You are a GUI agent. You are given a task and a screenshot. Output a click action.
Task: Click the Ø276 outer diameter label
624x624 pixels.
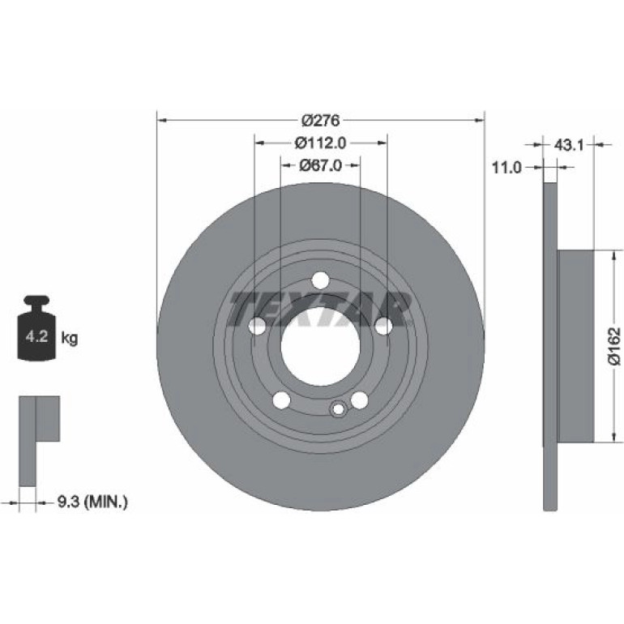pyautogui.click(x=320, y=120)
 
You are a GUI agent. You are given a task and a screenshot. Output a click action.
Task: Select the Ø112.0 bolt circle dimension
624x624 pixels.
pyautogui.click(x=320, y=143)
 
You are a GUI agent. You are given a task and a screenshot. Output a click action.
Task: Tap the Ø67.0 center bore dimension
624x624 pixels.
pyautogui.click(x=320, y=165)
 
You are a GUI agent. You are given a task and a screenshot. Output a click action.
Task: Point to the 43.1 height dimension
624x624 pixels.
pyautogui.click(x=569, y=146)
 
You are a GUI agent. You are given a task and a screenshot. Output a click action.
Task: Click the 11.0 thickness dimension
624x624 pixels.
pyautogui.click(x=506, y=168)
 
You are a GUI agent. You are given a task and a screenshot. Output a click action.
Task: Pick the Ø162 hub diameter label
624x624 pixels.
pyautogui.click(x=615, y=346)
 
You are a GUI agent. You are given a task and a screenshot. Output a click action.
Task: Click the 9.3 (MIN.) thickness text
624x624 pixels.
pyautogui.click(x=92, y=502)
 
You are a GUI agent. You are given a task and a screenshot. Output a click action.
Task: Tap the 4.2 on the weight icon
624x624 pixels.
pyautogui.click(x=36, y=337)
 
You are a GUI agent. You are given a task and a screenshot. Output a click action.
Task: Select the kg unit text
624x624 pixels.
pyautogui.click(x=70, y=339)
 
